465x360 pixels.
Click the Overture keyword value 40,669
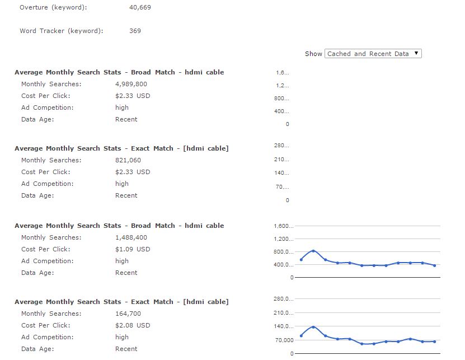tap(140, 8)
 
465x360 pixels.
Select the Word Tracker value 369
tap(135, 31)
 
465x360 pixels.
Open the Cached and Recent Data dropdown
tap(373, 54)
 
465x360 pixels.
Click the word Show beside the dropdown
tap(313, 54)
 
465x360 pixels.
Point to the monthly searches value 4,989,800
tap(131, 84)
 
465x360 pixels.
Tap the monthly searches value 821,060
tap(128, 160)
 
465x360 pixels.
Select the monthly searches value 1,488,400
tap(131, 237)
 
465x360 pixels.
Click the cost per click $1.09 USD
tap(133, 249)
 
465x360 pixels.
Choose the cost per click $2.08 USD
tap(133, 325)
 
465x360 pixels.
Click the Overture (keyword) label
tap(53, 8)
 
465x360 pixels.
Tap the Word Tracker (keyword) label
tap(61, 31)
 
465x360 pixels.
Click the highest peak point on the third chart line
tap(313, 251)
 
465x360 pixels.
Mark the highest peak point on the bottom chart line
tap(313, 327)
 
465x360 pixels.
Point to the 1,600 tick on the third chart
tap(284, 226)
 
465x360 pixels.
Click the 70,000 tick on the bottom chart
tap(284, 340)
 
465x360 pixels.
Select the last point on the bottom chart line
tap(435, 342)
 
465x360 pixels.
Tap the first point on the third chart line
tap(301, 260)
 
